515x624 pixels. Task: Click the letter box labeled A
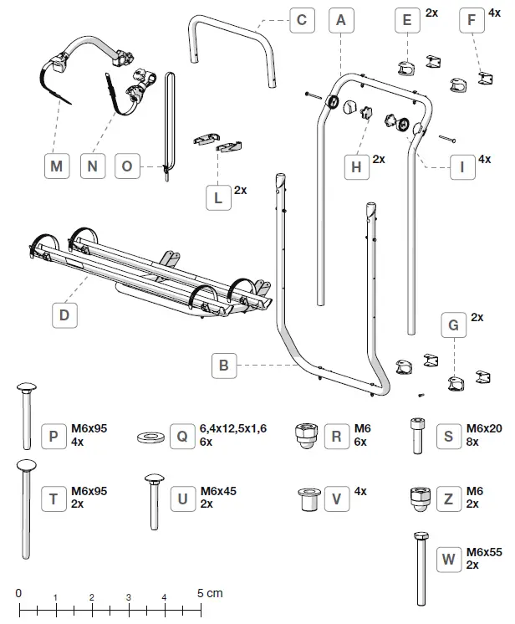coord(338,20)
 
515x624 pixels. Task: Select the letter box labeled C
coord(303,20)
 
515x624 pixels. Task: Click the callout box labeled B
coord(223,366)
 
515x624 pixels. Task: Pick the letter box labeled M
coord(56,166)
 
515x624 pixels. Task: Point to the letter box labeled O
coord(127,166)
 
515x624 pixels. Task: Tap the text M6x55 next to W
coord(483,552)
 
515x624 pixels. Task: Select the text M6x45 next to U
coord(219,491)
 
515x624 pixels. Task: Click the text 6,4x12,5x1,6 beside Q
coord(232,429)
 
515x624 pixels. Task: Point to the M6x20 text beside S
coord(484,429)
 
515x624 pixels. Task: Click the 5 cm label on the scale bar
coord(211,593)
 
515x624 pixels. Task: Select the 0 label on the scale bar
coord(18,593)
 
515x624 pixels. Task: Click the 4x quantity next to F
coord(494,13)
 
